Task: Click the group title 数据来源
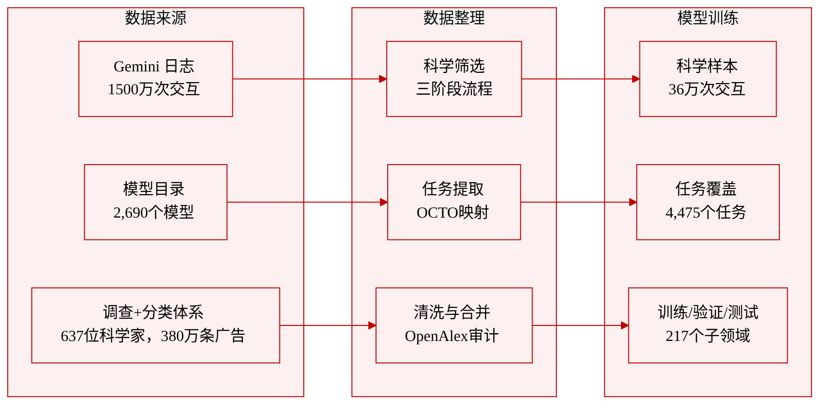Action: (x=155, y=17)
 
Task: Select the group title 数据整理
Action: (x=454, y=17)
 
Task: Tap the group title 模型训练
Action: (x=708, y=17)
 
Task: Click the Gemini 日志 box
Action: (x=155, y=79)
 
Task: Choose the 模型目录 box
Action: (x=155, y=202)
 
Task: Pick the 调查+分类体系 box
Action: (x=155, y=325)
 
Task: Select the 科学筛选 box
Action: (x=454, y=79)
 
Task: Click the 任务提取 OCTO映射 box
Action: (x=454, y=202)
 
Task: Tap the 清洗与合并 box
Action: (x=454, y=325)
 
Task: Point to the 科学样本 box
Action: (x=708, y=79)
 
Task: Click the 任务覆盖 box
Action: (x=708, y=202)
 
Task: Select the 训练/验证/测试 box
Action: (x=708, y=325)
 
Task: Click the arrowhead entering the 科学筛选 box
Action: (x=383, y=79)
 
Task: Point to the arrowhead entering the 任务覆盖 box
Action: (x=633, y=202)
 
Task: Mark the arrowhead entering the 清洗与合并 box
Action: (x=372, y=325)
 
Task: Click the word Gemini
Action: (x=136, y=67)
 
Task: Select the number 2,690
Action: (x=131, y=213)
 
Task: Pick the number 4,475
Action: (x=683, y=213)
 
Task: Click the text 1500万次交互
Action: (x=154, y=89)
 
